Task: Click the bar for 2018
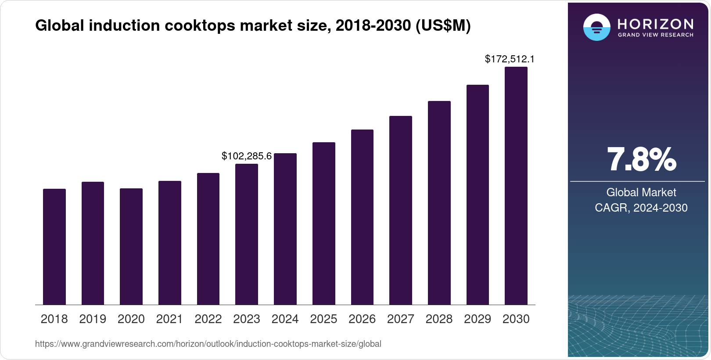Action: [x=54, y=247]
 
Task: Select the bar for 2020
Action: [x=131, y=247]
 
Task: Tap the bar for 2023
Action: [x=247, y=234]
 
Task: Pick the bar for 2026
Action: [x=362, y=217]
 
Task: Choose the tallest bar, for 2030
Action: [x=516, y=186]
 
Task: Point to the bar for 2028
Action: [x=439, y=203]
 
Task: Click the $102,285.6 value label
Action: [x=247, y=156]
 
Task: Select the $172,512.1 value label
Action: [x=510, y=59]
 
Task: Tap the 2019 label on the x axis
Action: [x=93, y=319]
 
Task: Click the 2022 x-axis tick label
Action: [x=208, y=319]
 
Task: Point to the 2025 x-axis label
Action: [x=323, y=319]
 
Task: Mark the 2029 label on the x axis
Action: [x=478, y=319]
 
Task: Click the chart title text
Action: [x=253, y=26]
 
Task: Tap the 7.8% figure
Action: [x=641, y=159]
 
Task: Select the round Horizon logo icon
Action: [x=596, y=27]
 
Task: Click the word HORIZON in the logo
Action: [x=656, y=24]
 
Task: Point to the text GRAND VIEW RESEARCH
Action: [x=656, y=35]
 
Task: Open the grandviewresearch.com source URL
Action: [x=208, y=344]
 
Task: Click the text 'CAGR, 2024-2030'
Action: [x=641, y=208]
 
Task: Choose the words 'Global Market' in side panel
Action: [x=641, y=192]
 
